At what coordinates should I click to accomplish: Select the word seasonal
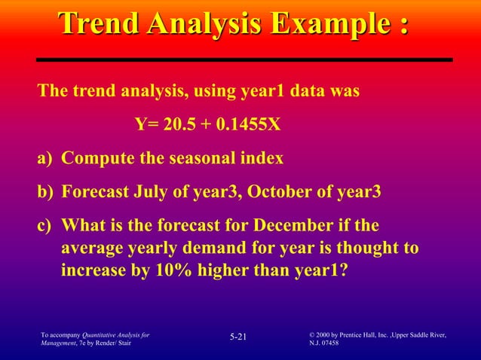tap(204, 159)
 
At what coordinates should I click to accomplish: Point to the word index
tap(262, 159)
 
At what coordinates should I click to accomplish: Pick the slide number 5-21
tap(238, 336)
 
